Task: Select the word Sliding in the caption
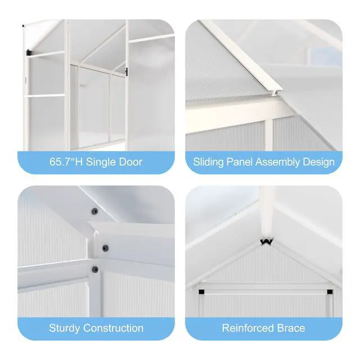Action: (208, 163)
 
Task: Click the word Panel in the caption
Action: (240, 162)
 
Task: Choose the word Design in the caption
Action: (319, 163)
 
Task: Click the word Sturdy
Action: (64, 328)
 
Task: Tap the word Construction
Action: (113, 328)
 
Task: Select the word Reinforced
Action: (248, 328)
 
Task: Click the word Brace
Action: (291, 328)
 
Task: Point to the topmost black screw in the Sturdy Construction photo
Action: (94, 211)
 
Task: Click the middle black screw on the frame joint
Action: (105, 248)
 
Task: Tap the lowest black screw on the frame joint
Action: (95, 269)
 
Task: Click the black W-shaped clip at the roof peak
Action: (267, 242)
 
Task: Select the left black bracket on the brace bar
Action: (201, 292)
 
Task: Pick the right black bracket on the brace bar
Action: (330, 292)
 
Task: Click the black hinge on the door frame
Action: (126, 71)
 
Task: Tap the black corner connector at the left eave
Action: (29, 52)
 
